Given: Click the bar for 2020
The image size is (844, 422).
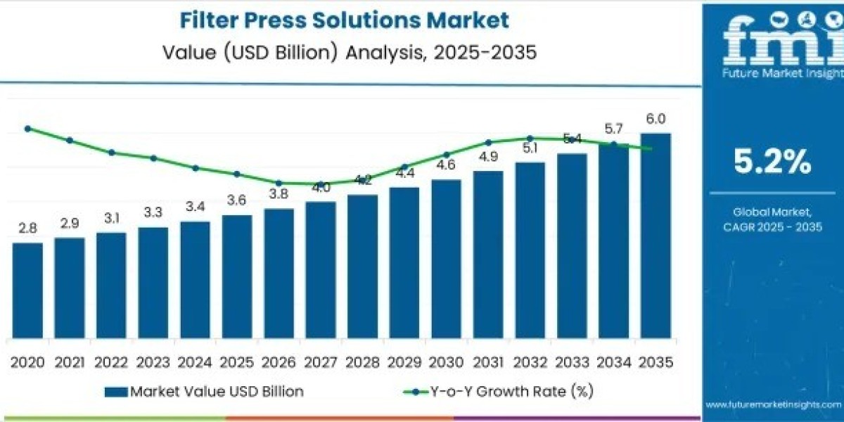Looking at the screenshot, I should pos(27,290).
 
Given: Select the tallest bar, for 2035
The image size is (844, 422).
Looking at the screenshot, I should pos(655,235).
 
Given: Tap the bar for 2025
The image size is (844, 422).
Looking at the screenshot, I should pos(237,276).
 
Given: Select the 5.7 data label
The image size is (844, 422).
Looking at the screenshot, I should pos(614,129).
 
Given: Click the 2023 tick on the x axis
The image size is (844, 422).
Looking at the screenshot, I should pos(153,362).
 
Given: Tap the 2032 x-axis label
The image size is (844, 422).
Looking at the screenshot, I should pos(530,362).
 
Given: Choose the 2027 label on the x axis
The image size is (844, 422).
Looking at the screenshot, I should pos(321,362).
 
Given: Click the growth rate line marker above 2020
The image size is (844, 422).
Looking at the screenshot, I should pos(27,129).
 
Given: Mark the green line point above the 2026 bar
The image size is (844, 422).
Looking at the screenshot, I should pos(279,183).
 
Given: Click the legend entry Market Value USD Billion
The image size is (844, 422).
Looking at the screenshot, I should pos(204,392).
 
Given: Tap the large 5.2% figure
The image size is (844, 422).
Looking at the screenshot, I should pos(772,162).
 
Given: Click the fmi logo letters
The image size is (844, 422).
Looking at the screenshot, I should pos(772,42).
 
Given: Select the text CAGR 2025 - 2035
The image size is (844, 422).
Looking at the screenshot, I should pos(772,226).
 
